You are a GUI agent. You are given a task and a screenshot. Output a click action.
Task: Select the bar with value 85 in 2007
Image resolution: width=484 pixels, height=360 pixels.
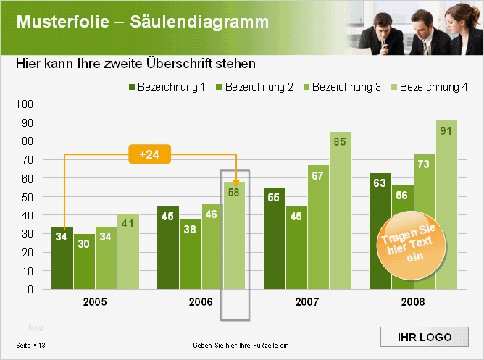coord(341,210)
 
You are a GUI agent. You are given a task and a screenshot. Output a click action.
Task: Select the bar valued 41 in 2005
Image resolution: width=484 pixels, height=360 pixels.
coord(128,251)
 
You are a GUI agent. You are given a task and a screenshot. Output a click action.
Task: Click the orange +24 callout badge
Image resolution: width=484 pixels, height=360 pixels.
coord(150,154)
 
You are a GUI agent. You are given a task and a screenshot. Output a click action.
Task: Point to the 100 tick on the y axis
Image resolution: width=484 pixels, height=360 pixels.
coord(25,104)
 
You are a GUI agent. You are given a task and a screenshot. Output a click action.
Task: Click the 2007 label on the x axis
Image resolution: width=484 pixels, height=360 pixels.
coord(307,302)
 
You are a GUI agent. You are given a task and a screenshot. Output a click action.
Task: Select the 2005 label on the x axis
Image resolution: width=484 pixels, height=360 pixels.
coord(95,302)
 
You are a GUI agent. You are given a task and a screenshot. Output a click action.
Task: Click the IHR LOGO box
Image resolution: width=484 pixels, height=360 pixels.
coord(425,338)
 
